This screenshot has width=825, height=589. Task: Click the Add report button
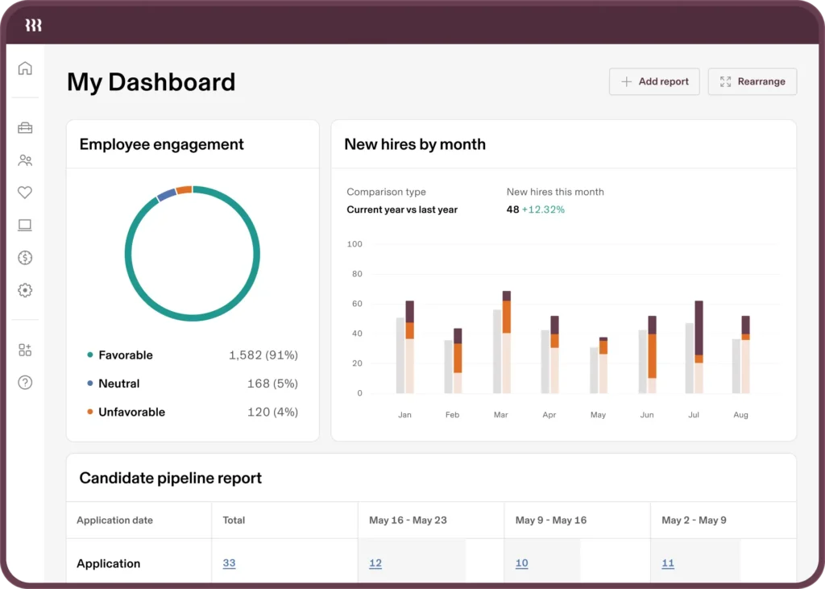tap(654, 81)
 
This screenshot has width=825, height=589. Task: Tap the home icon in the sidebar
tap(25, 68)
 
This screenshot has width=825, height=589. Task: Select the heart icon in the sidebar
tap(25, 193)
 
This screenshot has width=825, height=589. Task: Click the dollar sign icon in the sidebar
tap(25, 258)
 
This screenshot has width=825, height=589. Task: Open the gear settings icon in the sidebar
tap(25, 290)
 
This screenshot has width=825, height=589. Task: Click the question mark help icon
tap(25, 383)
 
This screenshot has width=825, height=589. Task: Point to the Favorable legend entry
tap(125, 355)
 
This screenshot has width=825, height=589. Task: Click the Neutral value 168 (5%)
tap(272, 384)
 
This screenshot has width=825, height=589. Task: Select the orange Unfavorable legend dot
tap(90, 413)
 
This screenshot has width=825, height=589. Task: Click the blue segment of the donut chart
tap(166, 194)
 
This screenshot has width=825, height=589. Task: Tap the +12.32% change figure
tap(543, 209)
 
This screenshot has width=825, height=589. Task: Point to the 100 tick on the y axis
tap(354, 244)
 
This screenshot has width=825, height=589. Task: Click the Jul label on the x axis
tap(694, 415)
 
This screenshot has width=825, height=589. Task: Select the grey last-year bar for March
tap(497, 351)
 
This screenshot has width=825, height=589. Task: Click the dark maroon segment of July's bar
tap(699, 327)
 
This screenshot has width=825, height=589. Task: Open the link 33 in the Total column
tap(229, 563)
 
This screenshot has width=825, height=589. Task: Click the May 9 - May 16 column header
tap(551, 521)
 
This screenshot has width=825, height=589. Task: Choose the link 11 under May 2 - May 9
tap(668, 563)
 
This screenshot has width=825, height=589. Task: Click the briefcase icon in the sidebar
tap(25, 128)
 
